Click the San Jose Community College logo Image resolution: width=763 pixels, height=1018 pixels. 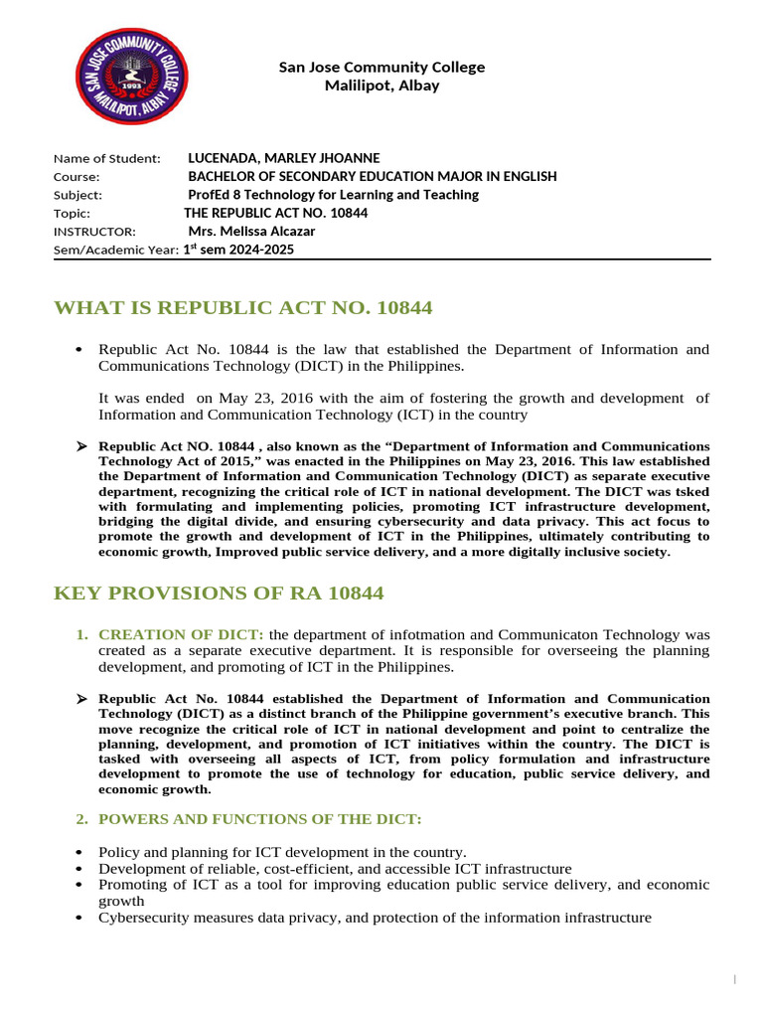tap(126, 75)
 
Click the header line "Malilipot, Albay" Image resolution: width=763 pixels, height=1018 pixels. tap(382, 85)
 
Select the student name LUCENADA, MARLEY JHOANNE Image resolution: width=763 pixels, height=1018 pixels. tap(283, 158)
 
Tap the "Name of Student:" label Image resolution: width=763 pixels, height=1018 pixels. tap(106, 158)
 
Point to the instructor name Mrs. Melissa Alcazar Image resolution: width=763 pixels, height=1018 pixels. tap(251, 231)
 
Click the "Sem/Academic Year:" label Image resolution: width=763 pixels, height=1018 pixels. tap(116, 250)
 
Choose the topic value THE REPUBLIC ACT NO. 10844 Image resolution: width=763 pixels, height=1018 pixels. tap(275, 213)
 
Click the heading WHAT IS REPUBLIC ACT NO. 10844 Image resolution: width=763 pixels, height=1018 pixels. tap(242, 308)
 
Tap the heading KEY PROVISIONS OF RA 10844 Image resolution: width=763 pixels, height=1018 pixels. tap(218, 594)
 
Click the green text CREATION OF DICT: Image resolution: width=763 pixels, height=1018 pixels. tap(181, 634)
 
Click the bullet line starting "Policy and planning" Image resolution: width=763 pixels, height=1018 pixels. tap(281, 852)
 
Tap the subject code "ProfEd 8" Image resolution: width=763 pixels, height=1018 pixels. tap(215, 195)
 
